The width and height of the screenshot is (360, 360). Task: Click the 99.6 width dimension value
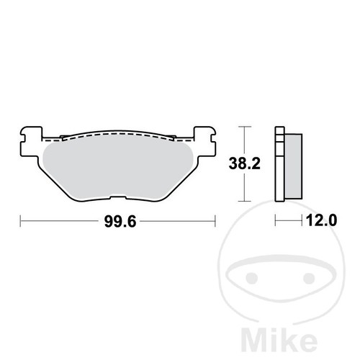tap(120, 221)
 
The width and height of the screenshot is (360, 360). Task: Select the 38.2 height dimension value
tap(244, 163)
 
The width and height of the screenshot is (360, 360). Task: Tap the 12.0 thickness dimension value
tap(321, 220)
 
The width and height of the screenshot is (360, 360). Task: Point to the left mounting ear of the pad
tap(31, 142)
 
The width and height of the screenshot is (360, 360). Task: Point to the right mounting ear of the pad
tap(204, 142)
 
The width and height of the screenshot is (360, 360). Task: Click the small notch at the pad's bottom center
tap(118, 197)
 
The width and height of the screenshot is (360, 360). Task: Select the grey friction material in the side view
tap(293, 166)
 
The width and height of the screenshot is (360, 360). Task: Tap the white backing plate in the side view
tap(279, 163)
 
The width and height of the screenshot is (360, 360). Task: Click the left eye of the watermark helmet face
tap(251, 278)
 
